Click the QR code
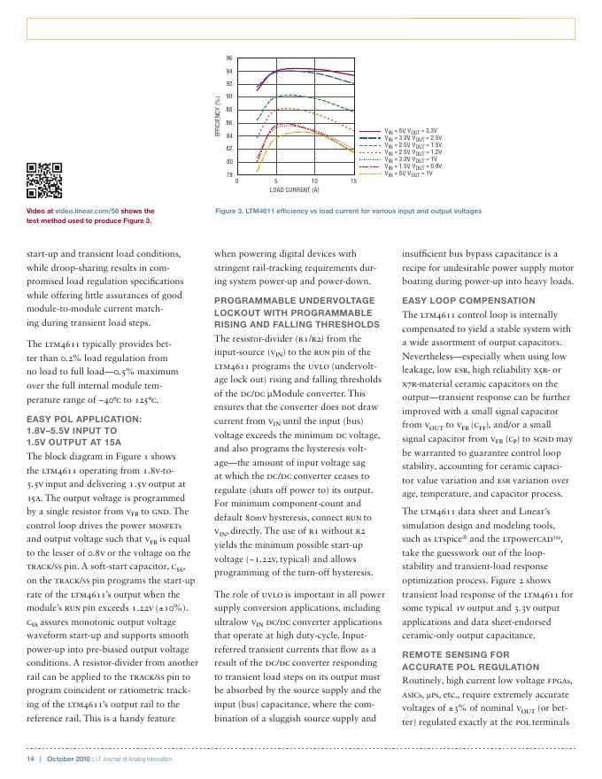click(44, 181)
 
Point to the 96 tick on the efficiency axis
click(228, 58)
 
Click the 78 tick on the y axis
click(228, 175)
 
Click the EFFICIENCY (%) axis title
click(217, 116)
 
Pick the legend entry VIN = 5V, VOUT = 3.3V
click(413, 131)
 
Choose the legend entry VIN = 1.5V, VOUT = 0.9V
click(413, 166)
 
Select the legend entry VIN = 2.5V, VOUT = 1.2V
click(413, 151)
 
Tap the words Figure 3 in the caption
click(232, 212)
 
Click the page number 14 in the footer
click(29, 760)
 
